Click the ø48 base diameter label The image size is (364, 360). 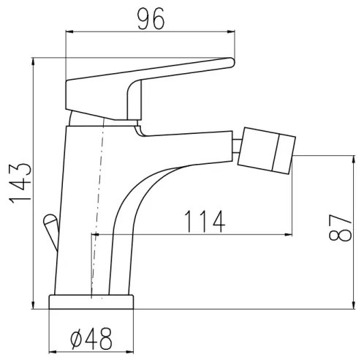[x=93, y=339]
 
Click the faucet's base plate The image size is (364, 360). [x=92, y=301]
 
